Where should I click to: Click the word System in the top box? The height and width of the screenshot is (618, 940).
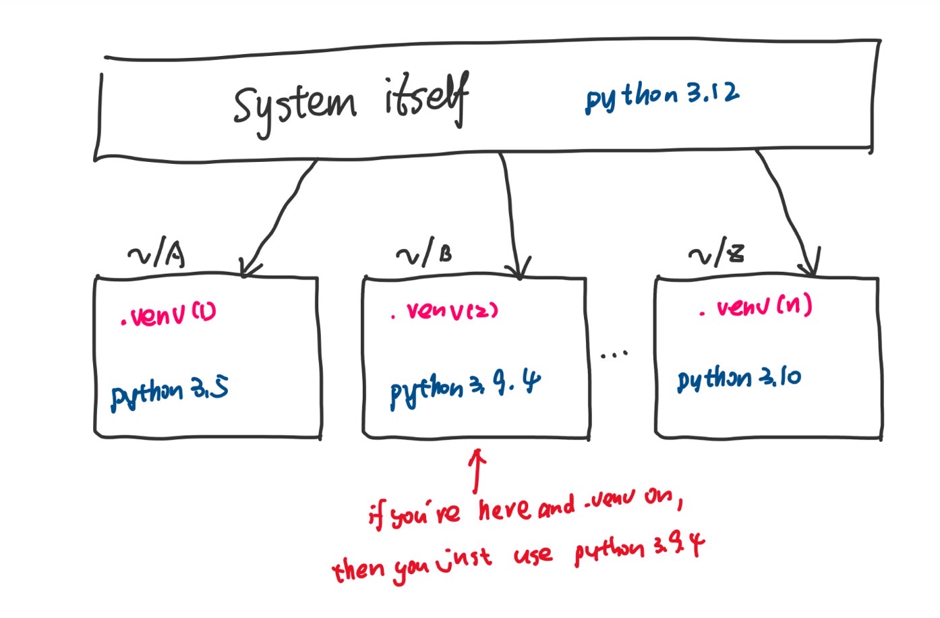(294, 107)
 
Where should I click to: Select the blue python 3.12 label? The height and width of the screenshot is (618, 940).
(662, 96)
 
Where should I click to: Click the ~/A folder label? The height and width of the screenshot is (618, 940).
(156, 255)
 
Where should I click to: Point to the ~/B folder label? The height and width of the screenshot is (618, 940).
(424, 254)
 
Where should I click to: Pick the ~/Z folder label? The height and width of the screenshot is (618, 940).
(716, 254)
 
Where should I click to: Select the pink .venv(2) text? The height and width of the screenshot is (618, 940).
(445, 311)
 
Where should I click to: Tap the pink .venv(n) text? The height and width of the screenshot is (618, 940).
(755, 308)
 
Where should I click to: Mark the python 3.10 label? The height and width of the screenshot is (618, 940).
(739, 378)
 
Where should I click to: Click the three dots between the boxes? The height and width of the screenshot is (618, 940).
(614, 353)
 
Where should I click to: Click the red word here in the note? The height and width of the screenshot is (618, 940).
(504, 509)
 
